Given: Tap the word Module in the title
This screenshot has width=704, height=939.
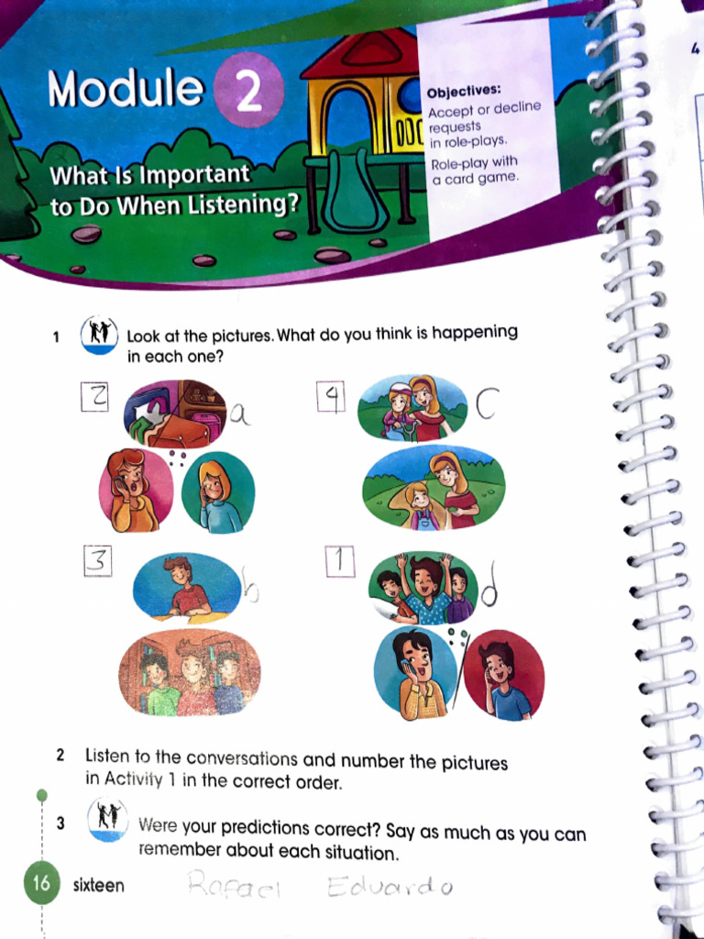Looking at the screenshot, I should (x=126, y=89).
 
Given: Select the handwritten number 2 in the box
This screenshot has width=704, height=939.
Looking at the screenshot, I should (x=96, y=397).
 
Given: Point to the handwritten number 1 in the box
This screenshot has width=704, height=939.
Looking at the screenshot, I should (x=340, y=562).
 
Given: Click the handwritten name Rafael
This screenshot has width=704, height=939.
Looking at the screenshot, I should (x=234, y=886).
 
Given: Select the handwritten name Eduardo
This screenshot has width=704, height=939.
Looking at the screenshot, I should (x=387, y=887).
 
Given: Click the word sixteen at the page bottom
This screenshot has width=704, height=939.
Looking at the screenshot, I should (x=99, y=886).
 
